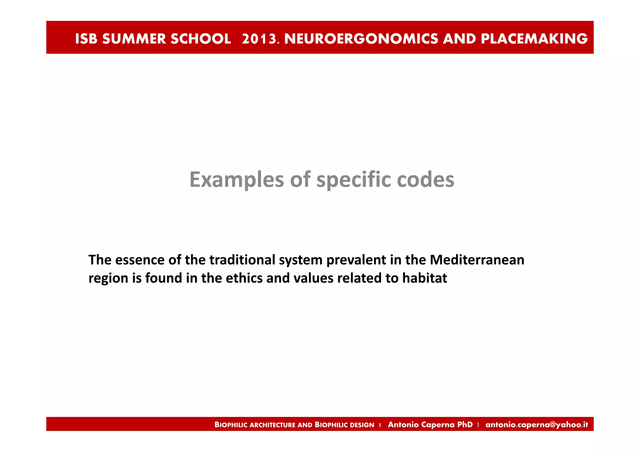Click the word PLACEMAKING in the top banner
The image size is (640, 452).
tap(534, 39)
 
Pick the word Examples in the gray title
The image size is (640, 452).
tap(237, 179)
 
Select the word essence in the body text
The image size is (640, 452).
tap(139, 260)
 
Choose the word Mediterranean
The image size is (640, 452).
tap(477, 260)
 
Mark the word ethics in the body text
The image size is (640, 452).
tap(244, 278)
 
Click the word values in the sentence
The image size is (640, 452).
tap(313, 278)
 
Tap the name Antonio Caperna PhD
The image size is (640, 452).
tap(430, 425)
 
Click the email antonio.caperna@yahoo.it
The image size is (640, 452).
tap(537, 425)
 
